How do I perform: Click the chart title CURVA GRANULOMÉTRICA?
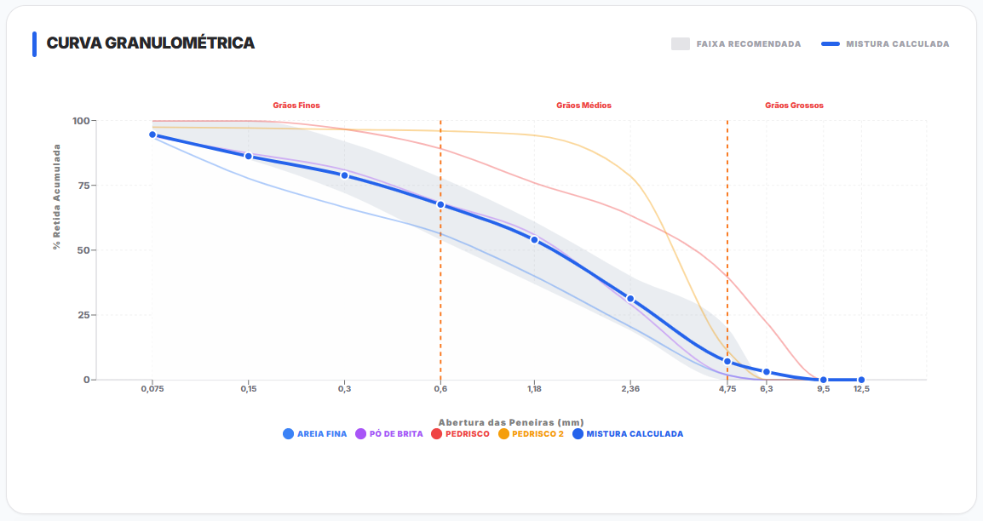point(150,43)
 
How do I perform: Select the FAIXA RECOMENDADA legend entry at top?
point(737,44)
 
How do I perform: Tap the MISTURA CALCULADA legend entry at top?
point(886,44)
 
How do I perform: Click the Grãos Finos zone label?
point(296,106)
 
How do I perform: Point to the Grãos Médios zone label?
point(583,106)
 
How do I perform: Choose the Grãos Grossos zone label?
point(794,106)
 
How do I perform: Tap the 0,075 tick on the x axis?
point(152,389)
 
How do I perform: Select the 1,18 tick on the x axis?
point(534,389)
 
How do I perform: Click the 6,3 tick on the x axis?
point(767,389)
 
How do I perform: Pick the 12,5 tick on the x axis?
point(861,389)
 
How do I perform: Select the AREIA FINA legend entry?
point(315,434)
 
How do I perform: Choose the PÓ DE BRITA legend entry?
point(389,434)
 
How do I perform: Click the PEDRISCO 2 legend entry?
point(531,434)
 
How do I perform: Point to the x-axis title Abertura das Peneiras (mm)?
point(510,422)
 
